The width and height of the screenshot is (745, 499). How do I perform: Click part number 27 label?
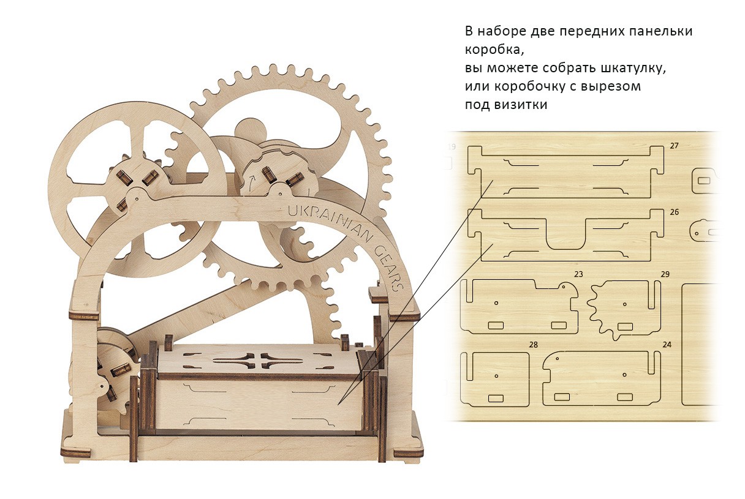pyautogui.click(x=675, y=146)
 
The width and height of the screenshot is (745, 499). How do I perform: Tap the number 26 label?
pyautogui.click(x=675, y=212)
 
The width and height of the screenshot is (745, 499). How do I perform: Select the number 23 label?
pyautogui.click(x=578, y=273)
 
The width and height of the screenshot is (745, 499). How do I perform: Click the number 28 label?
pyautogui.click(x=534, y=345)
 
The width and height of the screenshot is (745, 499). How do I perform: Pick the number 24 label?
pyautogui.click(x=667, y=345)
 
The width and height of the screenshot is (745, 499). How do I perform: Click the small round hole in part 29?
pyautogui.click(x=624, y=304)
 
